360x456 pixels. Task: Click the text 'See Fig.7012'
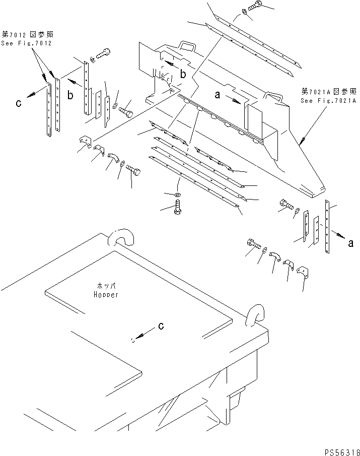pos(27,43)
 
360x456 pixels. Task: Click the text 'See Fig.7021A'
pos(328,101)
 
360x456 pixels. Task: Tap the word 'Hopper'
pos(106,295)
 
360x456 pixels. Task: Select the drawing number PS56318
pos(342,452)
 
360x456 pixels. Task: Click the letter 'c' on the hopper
pos(161,326)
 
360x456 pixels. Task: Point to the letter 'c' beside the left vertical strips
pos(19,103)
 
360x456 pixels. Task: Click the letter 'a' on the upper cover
pos(218,94)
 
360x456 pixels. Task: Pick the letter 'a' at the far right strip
pos(351,243)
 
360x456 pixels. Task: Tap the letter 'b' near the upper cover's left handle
pos(183,74)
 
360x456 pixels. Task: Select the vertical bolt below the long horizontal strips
pos(177,208)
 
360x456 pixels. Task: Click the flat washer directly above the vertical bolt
pos(177,194)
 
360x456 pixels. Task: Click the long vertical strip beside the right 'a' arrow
pos(327,227)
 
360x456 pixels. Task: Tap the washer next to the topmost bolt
pos(244,12)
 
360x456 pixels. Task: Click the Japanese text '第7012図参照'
pos(28,35)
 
